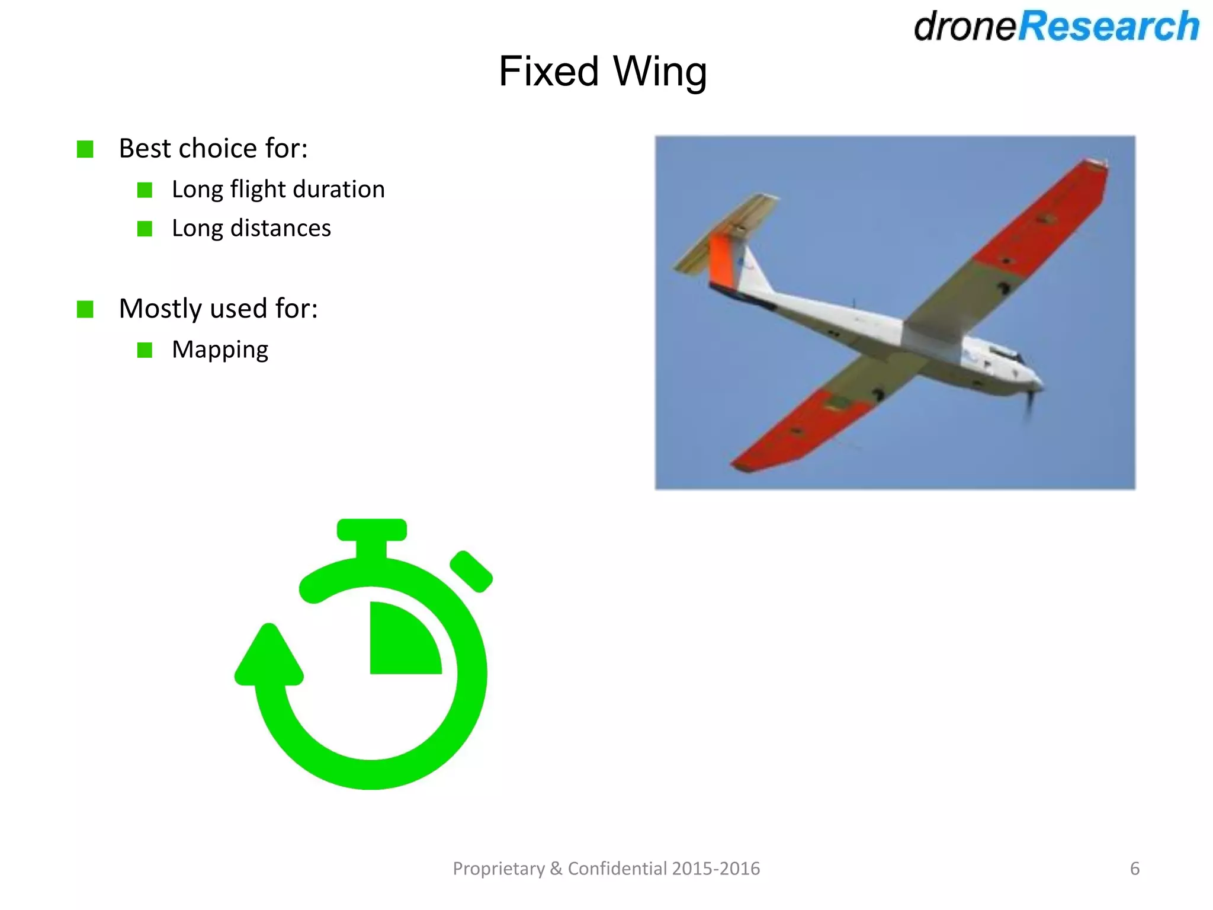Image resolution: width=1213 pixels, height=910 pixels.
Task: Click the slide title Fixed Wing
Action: (602, 72)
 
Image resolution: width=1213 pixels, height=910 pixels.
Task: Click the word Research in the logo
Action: (1108, 27)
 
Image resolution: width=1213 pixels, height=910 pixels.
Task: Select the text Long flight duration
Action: (278, 190)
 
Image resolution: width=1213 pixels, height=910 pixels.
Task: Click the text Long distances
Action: (251, 228)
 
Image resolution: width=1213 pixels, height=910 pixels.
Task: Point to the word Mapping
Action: (220, 350)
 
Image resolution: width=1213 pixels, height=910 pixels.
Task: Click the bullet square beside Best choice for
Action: (85, 149)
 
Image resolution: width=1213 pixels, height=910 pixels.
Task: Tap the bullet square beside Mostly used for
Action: (85, 309)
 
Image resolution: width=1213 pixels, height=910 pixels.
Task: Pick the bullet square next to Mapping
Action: (145, 350)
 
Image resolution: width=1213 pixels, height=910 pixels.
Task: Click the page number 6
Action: (1134, 869)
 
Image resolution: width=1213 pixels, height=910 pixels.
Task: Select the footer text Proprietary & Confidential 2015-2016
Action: (606, 869)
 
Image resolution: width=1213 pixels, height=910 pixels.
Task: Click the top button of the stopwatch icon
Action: (371, 530)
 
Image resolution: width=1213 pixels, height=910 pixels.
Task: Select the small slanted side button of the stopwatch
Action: (471, 571)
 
